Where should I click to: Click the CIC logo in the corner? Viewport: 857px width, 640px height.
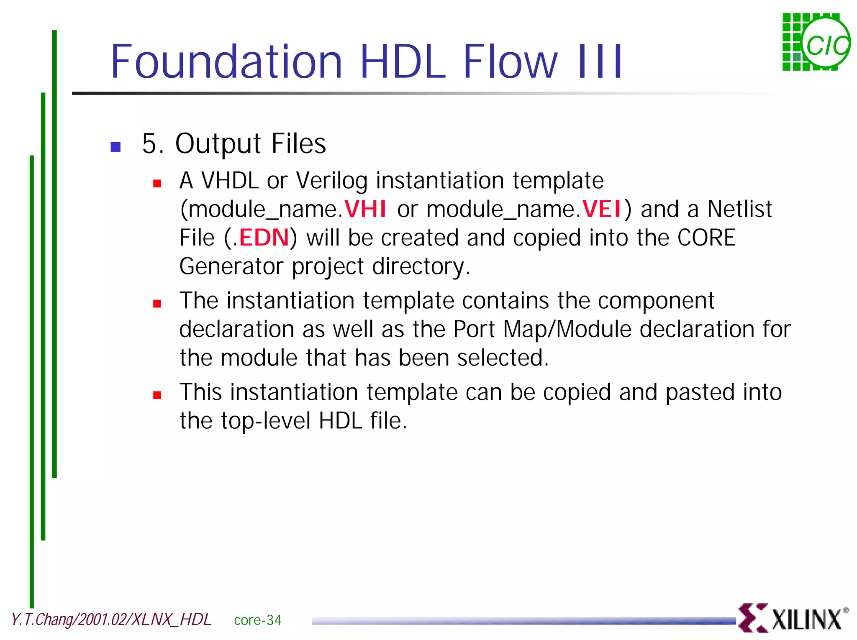[816, 42]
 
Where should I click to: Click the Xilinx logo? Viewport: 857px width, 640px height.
[792, 618]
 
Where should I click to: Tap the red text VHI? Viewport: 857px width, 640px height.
[365, 209]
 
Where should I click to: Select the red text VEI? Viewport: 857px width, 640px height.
[601, 209]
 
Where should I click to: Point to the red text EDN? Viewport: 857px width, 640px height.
[264, 238]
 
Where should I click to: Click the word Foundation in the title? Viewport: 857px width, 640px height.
[226, 61]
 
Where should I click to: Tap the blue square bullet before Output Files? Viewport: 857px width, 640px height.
[115, 147]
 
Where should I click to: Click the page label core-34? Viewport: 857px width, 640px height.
[257, 620]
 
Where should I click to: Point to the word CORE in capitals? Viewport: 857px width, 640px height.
[706, 238]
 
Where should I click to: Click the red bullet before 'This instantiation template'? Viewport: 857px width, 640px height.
[157, 395]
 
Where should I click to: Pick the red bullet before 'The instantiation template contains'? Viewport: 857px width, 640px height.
[157, 304]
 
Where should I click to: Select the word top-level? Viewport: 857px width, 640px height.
[266, 421]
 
